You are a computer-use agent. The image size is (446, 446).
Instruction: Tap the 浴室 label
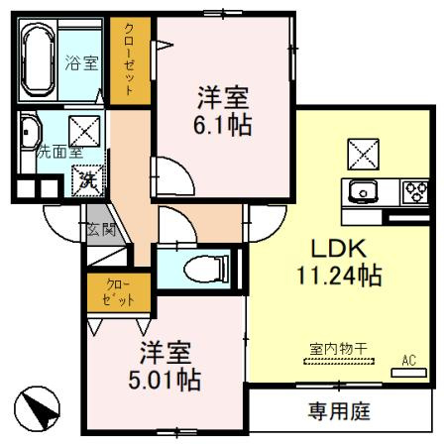point(82,63)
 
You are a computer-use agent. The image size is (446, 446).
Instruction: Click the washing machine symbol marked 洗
point(87,179)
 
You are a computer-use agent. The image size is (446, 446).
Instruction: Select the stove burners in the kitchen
point(413,190)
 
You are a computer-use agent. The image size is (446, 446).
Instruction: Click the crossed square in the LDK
point(361,152)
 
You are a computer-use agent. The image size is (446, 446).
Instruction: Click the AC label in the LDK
point(408,361)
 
